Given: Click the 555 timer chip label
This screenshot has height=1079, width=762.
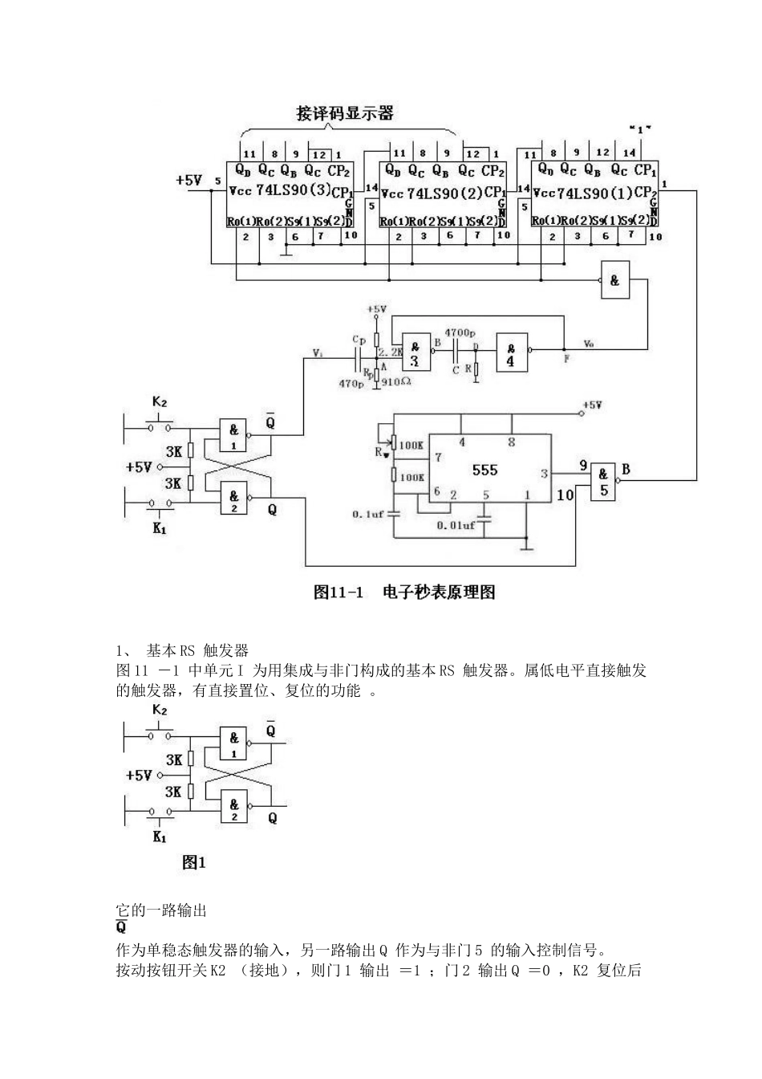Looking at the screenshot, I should click(x=484, y=470).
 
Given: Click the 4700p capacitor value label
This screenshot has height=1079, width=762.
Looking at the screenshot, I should click(x=459, y=332).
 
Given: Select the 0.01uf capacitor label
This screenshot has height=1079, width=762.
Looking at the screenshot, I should click(x=455, y=525).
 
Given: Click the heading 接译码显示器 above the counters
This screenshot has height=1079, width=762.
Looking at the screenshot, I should click(x=345, y=113).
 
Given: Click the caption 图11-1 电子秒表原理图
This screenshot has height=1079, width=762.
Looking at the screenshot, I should click(x=403, y=592).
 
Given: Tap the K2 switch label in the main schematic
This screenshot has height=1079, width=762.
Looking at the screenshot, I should click(x=160, y=401).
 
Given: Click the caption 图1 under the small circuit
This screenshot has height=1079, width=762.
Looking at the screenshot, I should click(x=194, y=862).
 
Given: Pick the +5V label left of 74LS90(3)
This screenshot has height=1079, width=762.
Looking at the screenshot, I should click(x=189, y=181).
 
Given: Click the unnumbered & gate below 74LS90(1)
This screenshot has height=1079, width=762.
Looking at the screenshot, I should click(x=614, y=280).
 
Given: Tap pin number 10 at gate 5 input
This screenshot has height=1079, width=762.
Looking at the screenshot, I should click(x=565, y=495).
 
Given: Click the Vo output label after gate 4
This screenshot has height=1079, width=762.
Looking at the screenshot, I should click(x=589, y=343).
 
